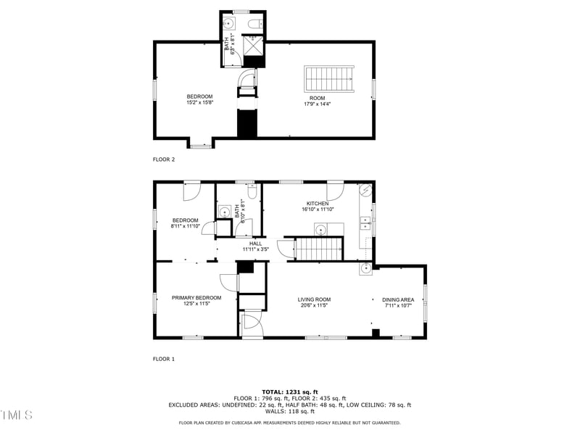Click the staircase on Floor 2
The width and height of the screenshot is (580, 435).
coord(329,77)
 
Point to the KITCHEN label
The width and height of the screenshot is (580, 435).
coord(317,204)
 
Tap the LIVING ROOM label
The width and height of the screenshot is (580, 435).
coord(314,299)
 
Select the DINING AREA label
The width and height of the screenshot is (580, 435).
coord(398,299)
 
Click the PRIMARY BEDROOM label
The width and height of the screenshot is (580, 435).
coord(196,297)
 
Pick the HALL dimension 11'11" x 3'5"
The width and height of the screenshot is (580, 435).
coord(256,249)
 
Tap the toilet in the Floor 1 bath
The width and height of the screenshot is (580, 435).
coord(250,192)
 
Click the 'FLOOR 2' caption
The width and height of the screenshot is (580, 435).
coord(164,159)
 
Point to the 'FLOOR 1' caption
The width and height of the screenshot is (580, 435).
coord(164,359)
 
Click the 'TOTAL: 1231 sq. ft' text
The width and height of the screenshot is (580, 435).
coord(290,391)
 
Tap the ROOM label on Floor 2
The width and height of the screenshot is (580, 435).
coord(317,98)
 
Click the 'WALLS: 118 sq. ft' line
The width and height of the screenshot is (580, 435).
coord(290,411)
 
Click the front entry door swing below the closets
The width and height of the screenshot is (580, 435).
coord(251,323)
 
